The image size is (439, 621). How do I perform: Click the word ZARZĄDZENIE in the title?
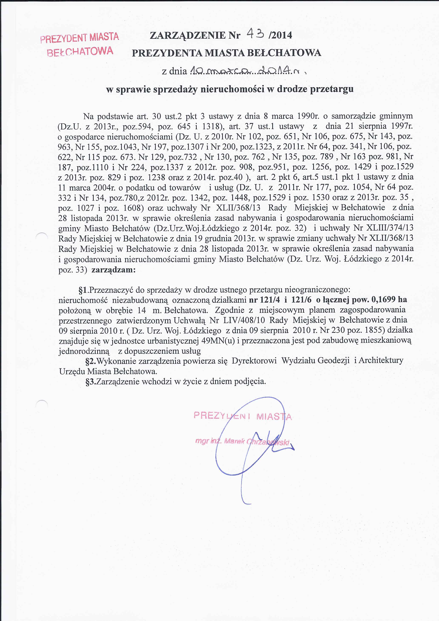(188, 35)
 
